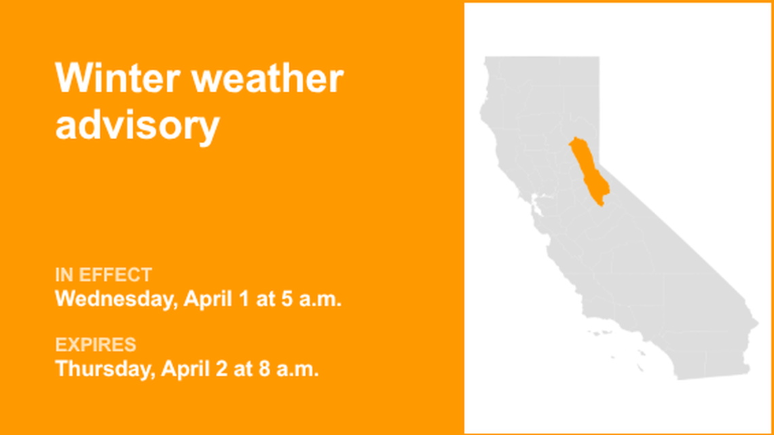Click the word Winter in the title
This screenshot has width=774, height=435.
click(116, 79)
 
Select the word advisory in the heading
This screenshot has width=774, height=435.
click(138, 126)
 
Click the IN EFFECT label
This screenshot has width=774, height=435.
click(103, 275)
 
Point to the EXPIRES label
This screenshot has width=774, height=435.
click(96, 345)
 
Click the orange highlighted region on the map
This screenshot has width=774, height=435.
click(587, 170)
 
